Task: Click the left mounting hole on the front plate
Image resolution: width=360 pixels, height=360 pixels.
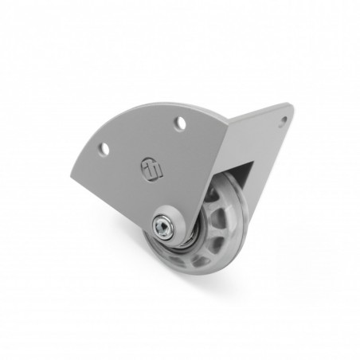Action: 103,148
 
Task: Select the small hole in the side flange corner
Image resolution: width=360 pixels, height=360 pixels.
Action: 283,121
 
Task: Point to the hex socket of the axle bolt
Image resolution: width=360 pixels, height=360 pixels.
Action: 164,229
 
